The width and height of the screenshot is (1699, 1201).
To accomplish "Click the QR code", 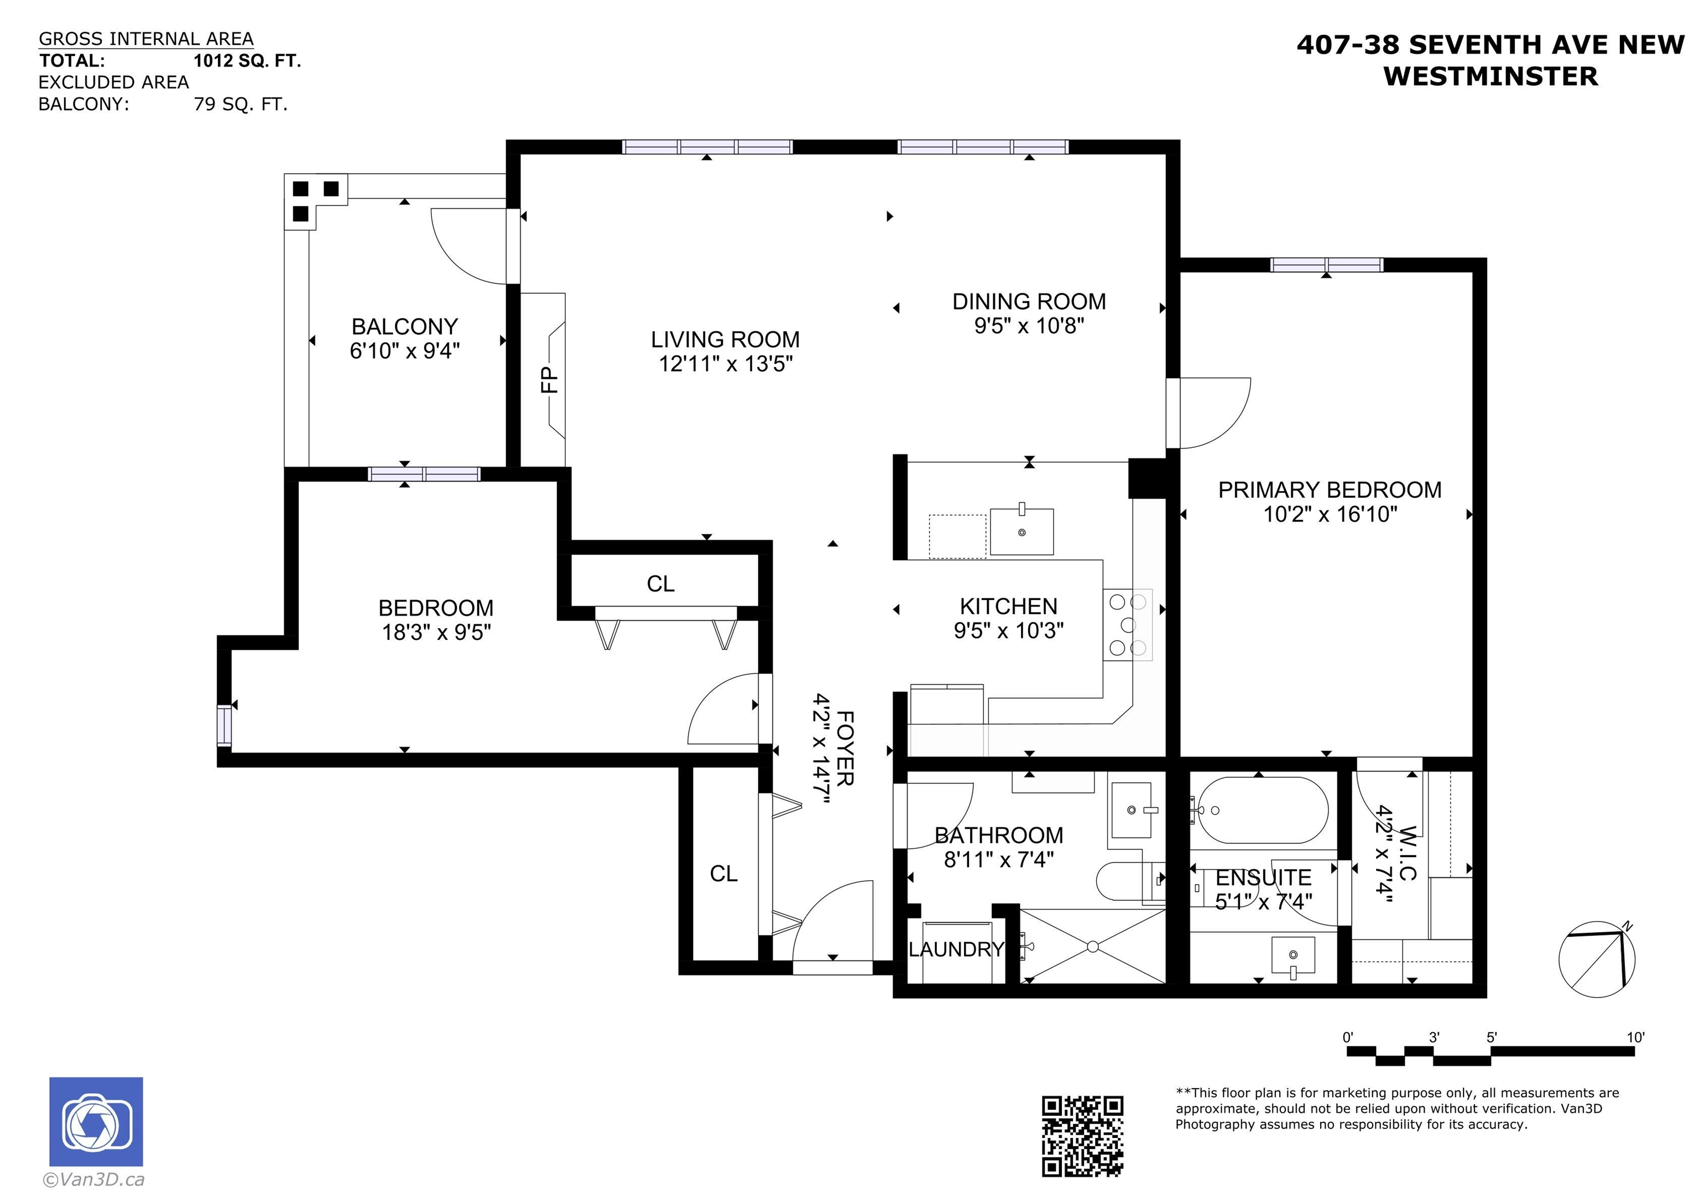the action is [x=1082, y=1136].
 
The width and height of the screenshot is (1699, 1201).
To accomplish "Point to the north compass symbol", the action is [x=1596, y=960].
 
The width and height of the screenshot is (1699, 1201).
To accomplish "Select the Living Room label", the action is [x=725, y=339].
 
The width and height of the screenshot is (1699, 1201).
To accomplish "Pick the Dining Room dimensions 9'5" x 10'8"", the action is [x=1029, y=326].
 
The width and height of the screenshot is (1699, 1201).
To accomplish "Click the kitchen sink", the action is [x=1022, y=531].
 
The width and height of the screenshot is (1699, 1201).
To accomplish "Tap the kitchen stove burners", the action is [x=1128, y=624].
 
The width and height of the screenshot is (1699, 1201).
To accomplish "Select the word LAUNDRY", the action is [x=956, y=949].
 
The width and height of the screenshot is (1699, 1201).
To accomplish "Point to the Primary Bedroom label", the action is [x=1330, y=490].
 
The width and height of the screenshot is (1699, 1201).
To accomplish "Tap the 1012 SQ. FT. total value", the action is [x=247, y=61].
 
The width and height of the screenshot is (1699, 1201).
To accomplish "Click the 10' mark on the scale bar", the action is [x=1635, y=1037].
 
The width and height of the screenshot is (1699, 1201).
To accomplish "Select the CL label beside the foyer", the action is [x=724, y=874].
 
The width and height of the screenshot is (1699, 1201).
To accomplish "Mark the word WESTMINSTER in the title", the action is [x=1490, y=76].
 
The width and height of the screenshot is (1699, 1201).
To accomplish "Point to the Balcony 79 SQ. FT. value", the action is [x=241, y=105].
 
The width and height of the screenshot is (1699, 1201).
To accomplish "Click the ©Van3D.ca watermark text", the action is [x=93, y=1179].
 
